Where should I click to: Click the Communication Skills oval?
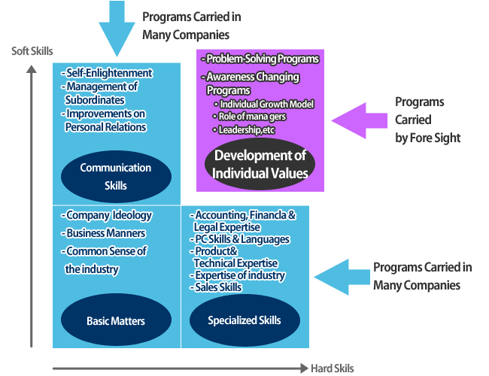(x=116, y=177)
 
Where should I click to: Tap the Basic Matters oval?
(x=116, y=320)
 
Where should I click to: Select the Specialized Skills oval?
(x=244, y=320)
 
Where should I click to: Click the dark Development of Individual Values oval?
(x=260, y=164)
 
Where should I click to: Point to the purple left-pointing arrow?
(x=359, y=120)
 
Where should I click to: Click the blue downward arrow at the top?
(x=117, y=28)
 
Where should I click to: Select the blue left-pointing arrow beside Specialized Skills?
(x=342, y=277)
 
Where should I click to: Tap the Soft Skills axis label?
(x=32, y=51)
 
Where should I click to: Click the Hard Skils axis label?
(x=332, y=368)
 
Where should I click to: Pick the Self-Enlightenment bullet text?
(x=107, y=73)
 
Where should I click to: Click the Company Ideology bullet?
(x=106, y=215)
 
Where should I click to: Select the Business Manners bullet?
(x=103, y=233)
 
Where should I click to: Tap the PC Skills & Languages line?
(x=240, y=239)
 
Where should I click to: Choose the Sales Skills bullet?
(x=216, y=287)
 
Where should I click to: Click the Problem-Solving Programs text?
(x=260, y=59)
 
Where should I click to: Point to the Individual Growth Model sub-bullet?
(x=264, y=104)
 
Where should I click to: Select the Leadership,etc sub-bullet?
(x=244, y=129)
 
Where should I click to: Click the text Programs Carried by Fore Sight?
(x=427, y=120)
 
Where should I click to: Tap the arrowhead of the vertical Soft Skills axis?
(x=31, y=68)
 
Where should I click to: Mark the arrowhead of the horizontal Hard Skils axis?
(x=305, y=368)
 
